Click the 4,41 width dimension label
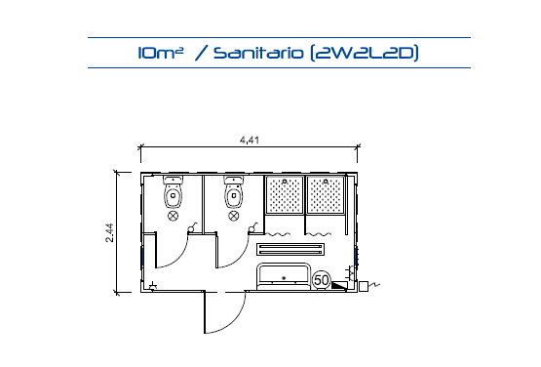250,140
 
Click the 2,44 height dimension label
110,233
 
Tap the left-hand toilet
174,191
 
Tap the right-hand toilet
234,191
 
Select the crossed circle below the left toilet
173,216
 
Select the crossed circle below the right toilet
234,216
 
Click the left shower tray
285,195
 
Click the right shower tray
326,195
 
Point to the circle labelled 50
322,280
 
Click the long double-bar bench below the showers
290,249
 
